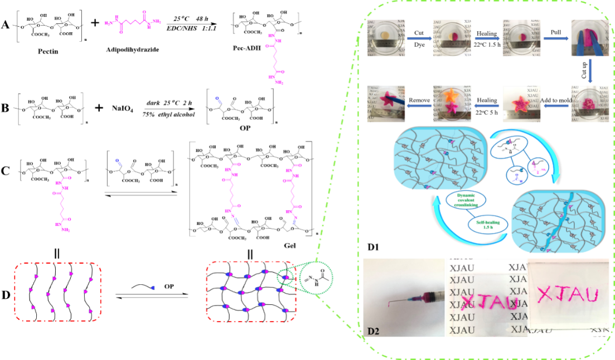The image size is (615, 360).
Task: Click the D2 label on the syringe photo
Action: click(373, 332)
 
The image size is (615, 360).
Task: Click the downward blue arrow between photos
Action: click(590, 70)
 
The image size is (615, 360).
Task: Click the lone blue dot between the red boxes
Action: click(153, 288)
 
